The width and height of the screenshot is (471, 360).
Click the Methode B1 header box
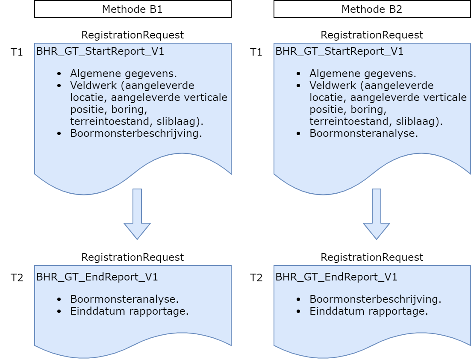(132, 9)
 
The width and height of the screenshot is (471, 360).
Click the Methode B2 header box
(372, 9)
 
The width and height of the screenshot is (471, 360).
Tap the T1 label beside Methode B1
(17, 52)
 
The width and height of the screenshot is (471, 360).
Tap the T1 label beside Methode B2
(256, 52)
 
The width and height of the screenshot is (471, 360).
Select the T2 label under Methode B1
(17, 277)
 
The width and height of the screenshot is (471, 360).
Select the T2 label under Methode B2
(256, 277)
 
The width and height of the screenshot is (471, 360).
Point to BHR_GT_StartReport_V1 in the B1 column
(100, 52)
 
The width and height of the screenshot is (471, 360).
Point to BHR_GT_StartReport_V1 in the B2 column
(339, 52)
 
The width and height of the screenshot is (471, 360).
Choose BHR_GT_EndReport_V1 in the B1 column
(97, 277)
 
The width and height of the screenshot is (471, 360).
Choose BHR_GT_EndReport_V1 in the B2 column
(336, 277)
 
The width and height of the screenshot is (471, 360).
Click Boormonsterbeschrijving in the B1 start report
(136, 133)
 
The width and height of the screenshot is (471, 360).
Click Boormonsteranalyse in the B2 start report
(363, 133)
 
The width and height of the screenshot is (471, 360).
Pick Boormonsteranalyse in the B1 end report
(124, 298)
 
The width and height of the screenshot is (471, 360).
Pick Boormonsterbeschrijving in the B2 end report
(375, 298)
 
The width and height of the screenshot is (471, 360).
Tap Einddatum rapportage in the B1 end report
(130, 311)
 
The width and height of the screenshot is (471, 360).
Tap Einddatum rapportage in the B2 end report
(369, 311)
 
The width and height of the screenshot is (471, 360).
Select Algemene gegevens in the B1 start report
(124, 73)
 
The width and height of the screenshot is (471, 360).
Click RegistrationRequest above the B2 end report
(372, 257)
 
